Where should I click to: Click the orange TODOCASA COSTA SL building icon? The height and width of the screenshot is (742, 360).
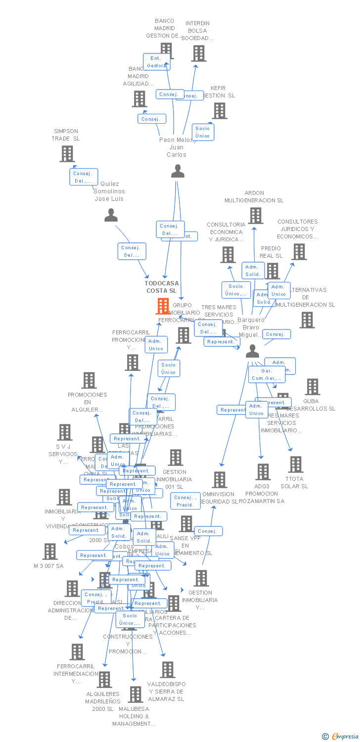click(163, 306)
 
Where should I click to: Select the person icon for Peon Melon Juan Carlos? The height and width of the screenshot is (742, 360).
click(178, 171)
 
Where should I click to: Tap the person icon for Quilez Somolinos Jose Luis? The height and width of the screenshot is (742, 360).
click(111, 215)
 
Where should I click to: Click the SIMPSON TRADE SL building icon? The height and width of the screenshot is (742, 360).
click(67, 154)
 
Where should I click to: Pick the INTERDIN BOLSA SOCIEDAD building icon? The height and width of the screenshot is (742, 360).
click(198, 53)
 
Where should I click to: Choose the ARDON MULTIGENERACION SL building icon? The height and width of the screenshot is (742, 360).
click(255, 216)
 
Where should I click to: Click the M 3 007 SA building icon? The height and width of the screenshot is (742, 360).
click(50, 551)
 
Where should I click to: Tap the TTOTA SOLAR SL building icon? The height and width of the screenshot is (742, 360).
click(295, 464)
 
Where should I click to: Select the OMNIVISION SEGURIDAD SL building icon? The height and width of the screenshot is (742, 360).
click(220, 480)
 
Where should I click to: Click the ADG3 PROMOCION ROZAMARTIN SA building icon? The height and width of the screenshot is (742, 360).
click(263, 472)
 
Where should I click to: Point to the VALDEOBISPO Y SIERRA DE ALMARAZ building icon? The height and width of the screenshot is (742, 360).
click(168, 670)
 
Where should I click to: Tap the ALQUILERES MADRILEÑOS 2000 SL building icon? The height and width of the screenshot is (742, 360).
click(104, 680)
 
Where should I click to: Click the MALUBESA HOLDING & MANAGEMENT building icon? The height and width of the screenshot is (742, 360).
click(135, 695)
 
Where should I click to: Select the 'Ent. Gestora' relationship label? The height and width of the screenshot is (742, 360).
click(156, 62)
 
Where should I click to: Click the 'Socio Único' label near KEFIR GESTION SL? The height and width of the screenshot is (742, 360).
click(203, 132)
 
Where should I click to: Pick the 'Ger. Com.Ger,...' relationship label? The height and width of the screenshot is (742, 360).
click(267, 375)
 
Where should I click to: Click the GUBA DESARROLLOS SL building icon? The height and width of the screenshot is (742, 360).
click(312, 387)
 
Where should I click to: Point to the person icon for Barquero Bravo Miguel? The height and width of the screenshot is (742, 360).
click(252, 351)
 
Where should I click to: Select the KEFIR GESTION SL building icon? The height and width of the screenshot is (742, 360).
click(219, 111)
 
